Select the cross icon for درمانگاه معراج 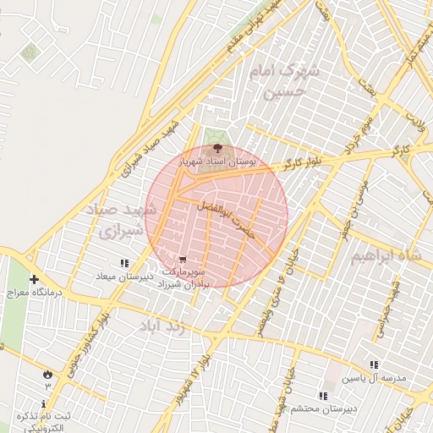point(34,280)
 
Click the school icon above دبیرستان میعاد point(125,263)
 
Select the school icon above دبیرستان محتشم point(321,395)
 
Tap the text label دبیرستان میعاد point(126,276)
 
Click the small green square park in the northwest point(30,52)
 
